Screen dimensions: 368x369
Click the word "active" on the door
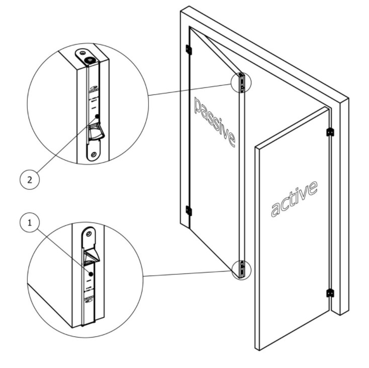[294, 198]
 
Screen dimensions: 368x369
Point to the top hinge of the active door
[330, 132]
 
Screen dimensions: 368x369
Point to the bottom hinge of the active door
[330, 293]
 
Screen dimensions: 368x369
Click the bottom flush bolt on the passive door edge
[242, 268]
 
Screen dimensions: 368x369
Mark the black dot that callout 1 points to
[90, 274]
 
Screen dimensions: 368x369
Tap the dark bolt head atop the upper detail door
[89, 59]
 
